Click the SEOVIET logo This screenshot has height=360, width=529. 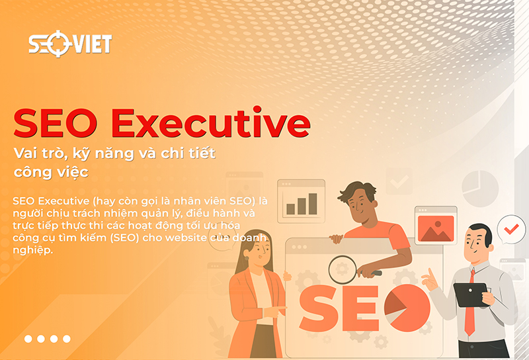(69, 44)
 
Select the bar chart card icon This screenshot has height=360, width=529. (301, 199)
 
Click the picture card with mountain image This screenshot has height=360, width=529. (435, 225)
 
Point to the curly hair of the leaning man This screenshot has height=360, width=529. (356, 192)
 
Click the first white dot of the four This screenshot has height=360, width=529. (28, 339)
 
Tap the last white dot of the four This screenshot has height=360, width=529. (66, 339)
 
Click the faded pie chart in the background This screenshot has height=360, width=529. (479, 189)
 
